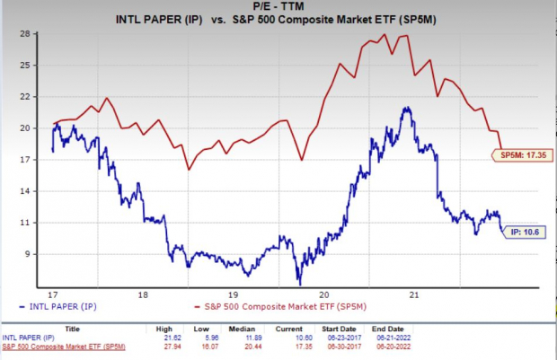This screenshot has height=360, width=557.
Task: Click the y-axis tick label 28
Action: (24, 33)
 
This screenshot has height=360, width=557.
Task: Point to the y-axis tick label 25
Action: (24, 65)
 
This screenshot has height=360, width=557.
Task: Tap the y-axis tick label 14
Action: (24, 191)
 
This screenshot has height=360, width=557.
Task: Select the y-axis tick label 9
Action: (27, 254)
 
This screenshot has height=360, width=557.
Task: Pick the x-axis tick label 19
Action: (233, 294)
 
